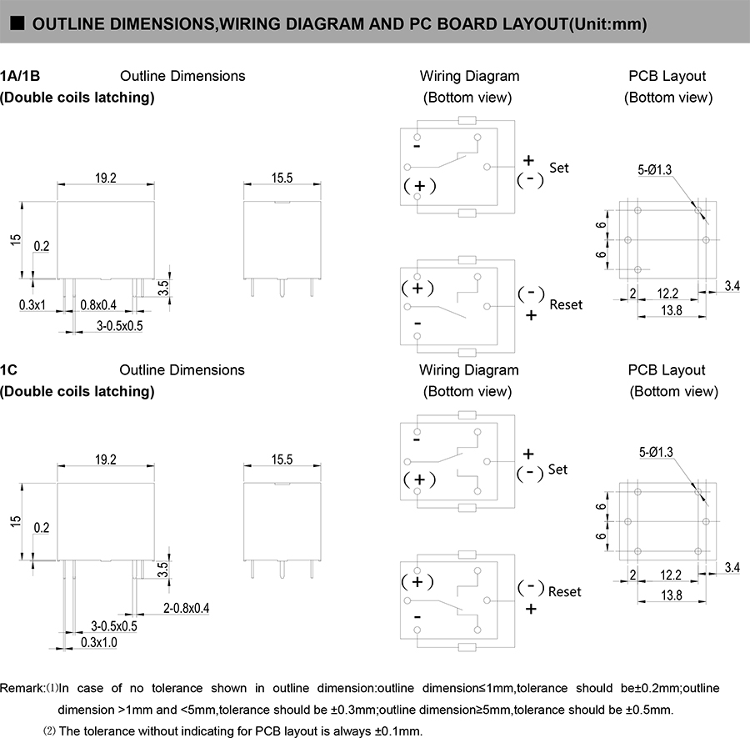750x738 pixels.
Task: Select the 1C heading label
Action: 9,369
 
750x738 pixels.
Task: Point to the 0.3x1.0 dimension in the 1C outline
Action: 99,641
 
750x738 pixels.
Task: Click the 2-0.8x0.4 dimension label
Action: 186,608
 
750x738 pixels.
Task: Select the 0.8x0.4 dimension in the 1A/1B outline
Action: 98,305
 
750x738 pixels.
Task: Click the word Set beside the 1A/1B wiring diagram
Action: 558,168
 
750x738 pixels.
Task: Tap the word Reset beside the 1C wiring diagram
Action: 564,591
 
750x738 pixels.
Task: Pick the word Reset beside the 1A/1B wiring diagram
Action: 566,304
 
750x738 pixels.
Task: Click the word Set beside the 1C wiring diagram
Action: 557,469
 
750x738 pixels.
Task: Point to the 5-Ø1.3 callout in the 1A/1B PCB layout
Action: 655,170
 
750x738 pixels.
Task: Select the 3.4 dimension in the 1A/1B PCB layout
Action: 732,286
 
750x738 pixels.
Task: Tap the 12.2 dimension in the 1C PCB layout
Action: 668,575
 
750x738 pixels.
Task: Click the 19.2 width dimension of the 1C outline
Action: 106,459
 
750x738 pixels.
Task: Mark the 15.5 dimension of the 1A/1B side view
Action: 282,178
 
